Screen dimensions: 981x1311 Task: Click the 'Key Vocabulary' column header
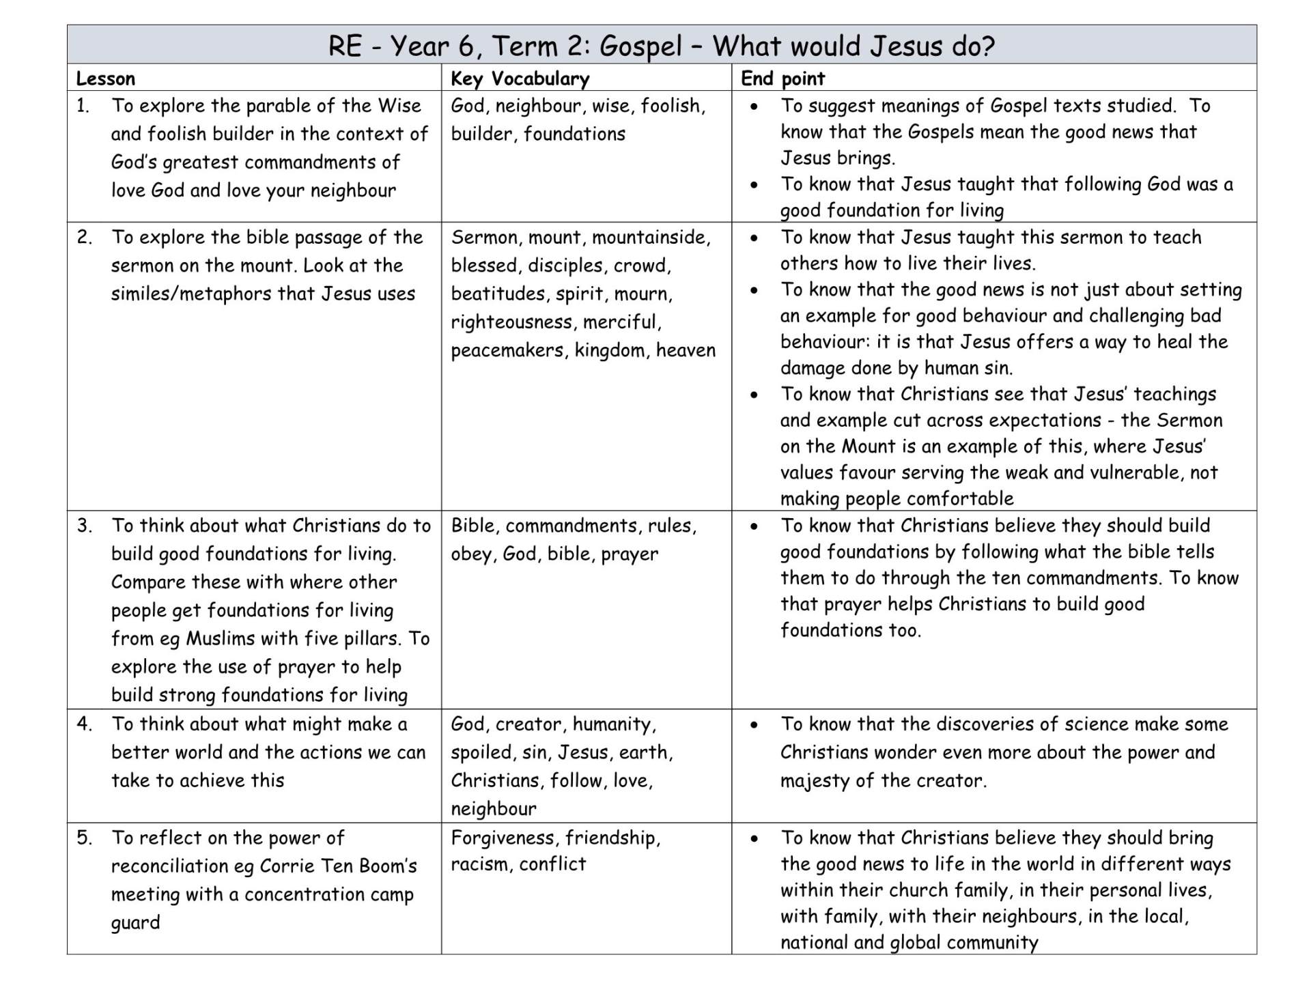(520, 79)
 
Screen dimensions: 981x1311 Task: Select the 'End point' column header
(783, 79)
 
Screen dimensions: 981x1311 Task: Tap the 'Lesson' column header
(105, 79)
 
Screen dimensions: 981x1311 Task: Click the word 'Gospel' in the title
(641, 46)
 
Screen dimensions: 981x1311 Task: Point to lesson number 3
(84, 526)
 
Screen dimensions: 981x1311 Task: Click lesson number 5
(84, 838)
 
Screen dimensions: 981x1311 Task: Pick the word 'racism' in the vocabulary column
(480, 864)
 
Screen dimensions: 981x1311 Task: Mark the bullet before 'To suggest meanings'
(754, 106)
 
